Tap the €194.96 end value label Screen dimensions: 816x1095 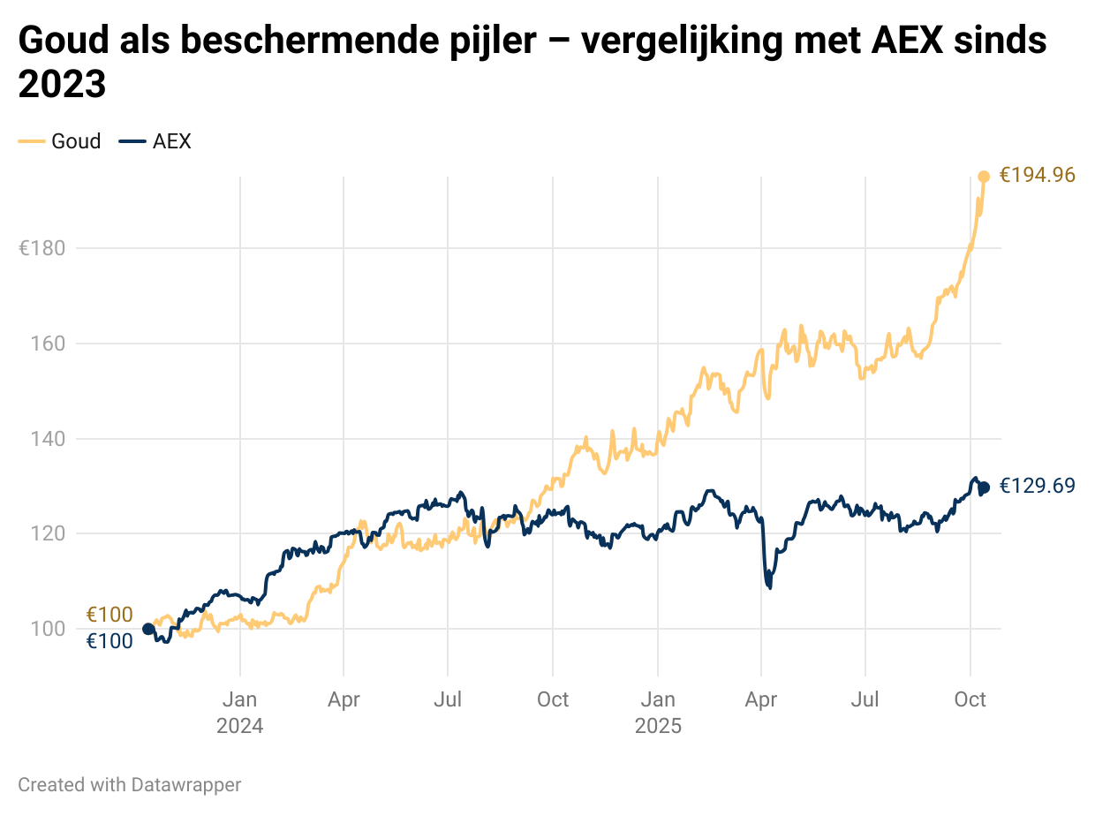pyautogui.click(x=1037, y=176)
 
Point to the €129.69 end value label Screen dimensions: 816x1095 pyautogui.click(x=1037, y=486)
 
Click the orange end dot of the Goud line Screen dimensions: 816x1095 pyautogui.click(x=984, y=177)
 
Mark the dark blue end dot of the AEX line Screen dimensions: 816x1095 pyautogui.click(x=984, y=487)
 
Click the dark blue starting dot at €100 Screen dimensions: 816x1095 pyautogui.click(x=148, y=629)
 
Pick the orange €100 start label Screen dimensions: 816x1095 pyautogui.click(x=109, y=615)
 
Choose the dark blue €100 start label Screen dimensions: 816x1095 pyautogui.click(x=109, y=642)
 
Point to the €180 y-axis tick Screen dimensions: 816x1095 pyautogui.click(x=42, y=248)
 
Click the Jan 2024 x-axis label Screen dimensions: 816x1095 pyautogui.click(x=240, y=713)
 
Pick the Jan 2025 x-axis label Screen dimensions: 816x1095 pyautogui.click(x=658, y=713)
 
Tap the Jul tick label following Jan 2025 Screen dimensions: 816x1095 pyautogui.click(x=865, y=700)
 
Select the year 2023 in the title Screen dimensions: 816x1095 pyautogui.click(x=62, y=86)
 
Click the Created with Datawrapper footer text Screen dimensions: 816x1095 pyautogui.click(x=129, y=784)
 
